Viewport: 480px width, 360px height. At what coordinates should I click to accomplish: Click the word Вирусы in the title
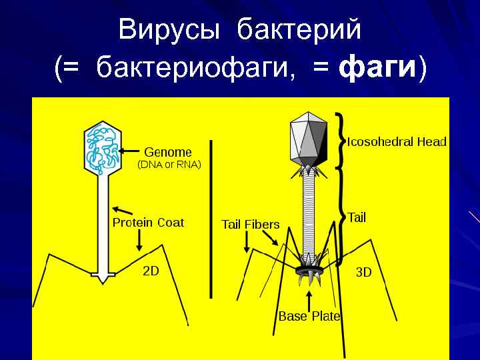tap(172, 30)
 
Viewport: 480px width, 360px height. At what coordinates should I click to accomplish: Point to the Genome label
tap(168, 152)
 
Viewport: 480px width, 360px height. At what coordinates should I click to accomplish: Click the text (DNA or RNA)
tap(169, 163)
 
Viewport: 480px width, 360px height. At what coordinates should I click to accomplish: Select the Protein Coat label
tap(148, 223)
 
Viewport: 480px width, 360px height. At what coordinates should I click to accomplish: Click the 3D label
tap(363, 273)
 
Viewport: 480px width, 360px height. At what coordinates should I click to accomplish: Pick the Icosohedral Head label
tap(397, 142)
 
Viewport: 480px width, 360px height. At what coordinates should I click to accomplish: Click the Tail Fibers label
tap(250, 224)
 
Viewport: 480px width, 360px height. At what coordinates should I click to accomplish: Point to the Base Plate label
tap(309, 316)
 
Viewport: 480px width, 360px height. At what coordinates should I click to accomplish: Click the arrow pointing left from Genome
tap(132, 152)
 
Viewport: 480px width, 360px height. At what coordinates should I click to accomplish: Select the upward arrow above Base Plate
tap(309, 298)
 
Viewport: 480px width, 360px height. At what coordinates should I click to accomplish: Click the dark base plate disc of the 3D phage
tap(309, 270)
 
